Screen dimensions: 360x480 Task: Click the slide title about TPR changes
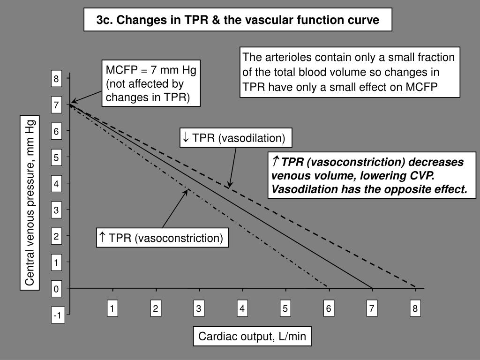238,21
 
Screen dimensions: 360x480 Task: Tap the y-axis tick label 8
56,79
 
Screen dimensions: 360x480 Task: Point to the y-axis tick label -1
57,316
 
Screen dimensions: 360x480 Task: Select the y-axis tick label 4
56,184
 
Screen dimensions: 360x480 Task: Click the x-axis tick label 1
112,308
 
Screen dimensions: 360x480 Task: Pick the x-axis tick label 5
285,308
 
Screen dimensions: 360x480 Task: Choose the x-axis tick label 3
199,308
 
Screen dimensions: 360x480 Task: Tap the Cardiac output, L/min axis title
252,337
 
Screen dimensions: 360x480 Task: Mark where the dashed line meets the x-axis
415,287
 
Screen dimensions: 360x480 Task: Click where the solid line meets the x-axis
372,287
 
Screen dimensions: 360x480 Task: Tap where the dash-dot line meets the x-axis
328,287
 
